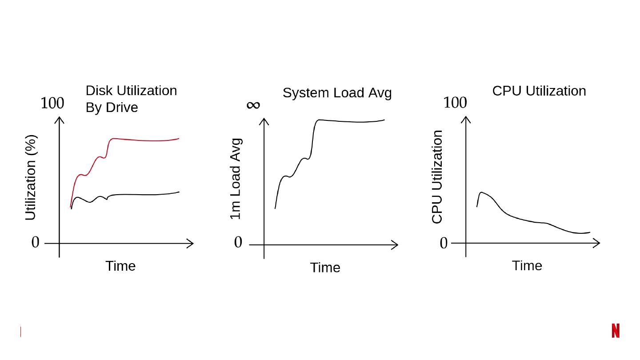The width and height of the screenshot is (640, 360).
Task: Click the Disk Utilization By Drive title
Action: (x=131, y=99)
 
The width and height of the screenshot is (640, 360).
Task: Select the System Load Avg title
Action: (x=337, y=93)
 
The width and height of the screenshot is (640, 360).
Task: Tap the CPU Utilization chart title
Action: (x=539, y=91)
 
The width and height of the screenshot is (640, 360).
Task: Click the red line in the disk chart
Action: (x=142, y=140)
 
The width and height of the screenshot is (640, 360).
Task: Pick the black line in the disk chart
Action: (x=142, y=194)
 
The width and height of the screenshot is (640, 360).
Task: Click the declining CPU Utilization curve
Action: (x=524, y=220)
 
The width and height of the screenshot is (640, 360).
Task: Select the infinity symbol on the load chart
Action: (x=253, y=105)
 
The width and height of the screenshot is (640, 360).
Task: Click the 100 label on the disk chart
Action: (x=52, y=103)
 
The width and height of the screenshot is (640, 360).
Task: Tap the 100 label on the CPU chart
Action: (x=455, y=103)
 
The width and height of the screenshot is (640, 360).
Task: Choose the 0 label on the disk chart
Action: (x=36, y=243)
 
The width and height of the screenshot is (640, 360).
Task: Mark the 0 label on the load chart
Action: (x=238, y=243)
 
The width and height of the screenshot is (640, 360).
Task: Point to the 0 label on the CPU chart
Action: (x=444, y=243)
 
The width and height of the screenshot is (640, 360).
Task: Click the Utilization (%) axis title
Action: (x=30, y=177)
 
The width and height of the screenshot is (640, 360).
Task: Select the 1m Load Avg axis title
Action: (x=236, y=179)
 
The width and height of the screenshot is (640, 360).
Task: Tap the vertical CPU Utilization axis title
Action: (x=437, y=176)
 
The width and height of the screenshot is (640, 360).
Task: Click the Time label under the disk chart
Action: (x=120, y=266)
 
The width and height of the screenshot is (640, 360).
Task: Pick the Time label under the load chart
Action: (x=325, y=268)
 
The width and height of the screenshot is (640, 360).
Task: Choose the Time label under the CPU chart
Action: (x=527, y=266)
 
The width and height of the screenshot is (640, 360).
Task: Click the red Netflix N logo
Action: (x=615, y=331)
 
